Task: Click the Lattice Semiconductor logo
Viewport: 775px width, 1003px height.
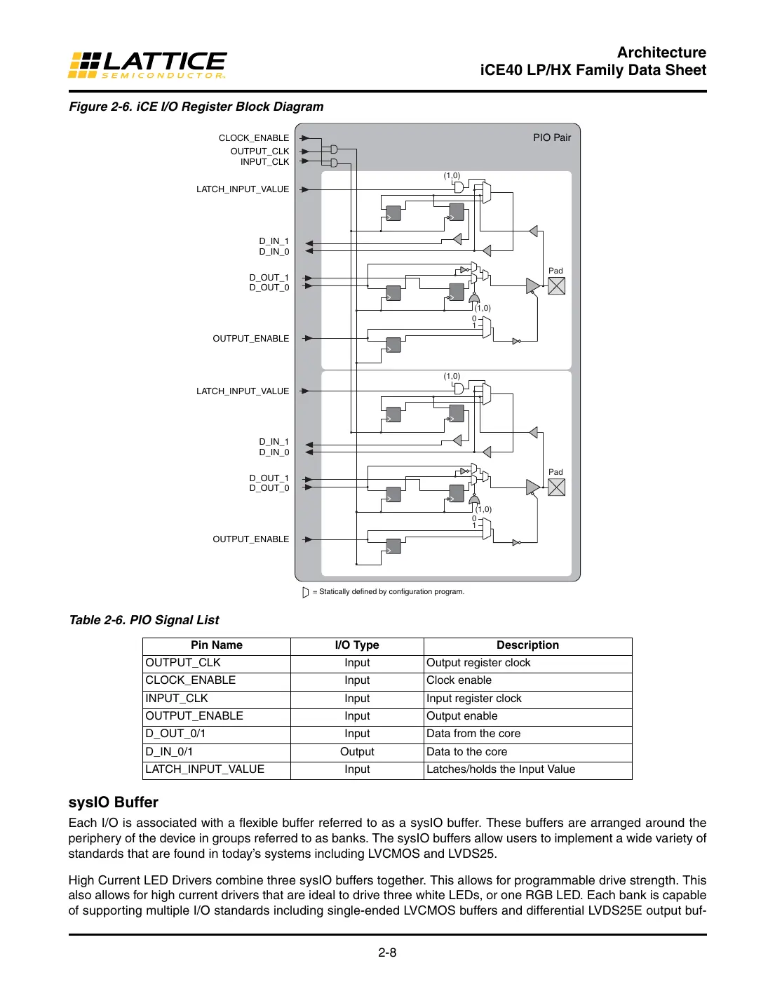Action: coord(147,65)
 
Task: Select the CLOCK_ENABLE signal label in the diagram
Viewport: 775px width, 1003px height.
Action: coord(253,138)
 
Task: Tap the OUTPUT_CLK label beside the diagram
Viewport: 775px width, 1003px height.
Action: coord(260,152)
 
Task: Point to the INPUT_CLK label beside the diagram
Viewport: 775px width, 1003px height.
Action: coord(264,162)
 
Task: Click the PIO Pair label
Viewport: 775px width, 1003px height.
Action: coord(551,137)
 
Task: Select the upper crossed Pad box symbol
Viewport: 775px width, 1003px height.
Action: coord(556,286)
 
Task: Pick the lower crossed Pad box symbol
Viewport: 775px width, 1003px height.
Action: coord(556,487)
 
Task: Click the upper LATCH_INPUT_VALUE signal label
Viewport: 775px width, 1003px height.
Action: coord(242,189)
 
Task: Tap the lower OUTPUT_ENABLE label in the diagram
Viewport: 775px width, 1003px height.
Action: coord(250,539)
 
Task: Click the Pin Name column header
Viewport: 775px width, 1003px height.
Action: coord(216,645)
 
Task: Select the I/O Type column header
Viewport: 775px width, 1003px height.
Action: coord(356,645)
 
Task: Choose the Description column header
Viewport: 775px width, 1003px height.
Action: coord(527,645)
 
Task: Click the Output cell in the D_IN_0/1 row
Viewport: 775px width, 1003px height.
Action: coord(357,752)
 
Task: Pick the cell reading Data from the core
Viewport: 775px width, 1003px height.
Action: coord(473,734)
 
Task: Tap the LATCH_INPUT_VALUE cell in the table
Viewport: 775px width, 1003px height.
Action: coord(205,769)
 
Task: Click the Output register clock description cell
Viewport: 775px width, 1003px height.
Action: coord(478,663)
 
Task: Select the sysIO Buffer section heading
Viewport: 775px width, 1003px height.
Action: coord(113,802)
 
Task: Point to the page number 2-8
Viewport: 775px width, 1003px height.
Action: coord(387,952)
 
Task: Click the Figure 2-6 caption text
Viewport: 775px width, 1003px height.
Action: coord(196,107)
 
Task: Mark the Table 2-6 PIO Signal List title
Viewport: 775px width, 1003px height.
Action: coord(144,620)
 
